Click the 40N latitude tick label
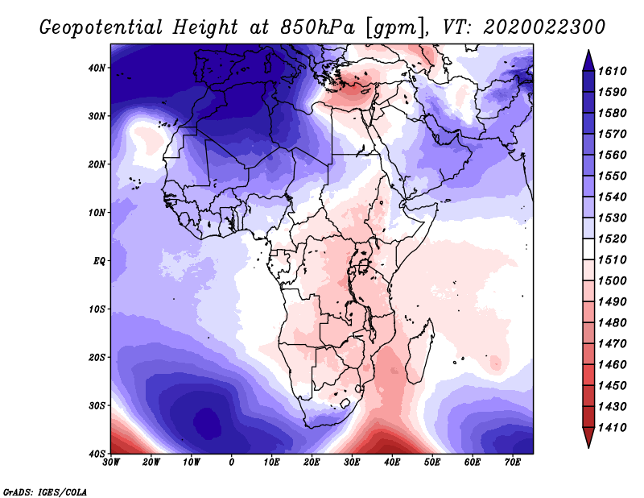click(x=97, y=68)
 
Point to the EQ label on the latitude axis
click(x=99, y=261)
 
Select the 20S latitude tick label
click(x=97, y=357)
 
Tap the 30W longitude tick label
click(x=111, y=463)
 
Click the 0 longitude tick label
click(x=232, y=463)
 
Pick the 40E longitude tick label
click(x=392, y=463)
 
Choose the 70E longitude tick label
click(x=513, y=463)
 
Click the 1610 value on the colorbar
click(x=612, y=71)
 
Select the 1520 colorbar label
click(x=612, y=239)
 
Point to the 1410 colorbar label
click(x=612, y=428)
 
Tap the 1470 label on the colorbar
click(x=612, y=344)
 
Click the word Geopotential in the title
click(x=101, y=27)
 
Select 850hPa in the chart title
click(x=317, y=27)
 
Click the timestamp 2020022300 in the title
click(x=544, y=27)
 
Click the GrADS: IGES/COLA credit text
click(x=45, y=492)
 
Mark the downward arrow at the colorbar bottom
click(x=588, y=438)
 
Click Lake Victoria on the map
click(x=364, y=267)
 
